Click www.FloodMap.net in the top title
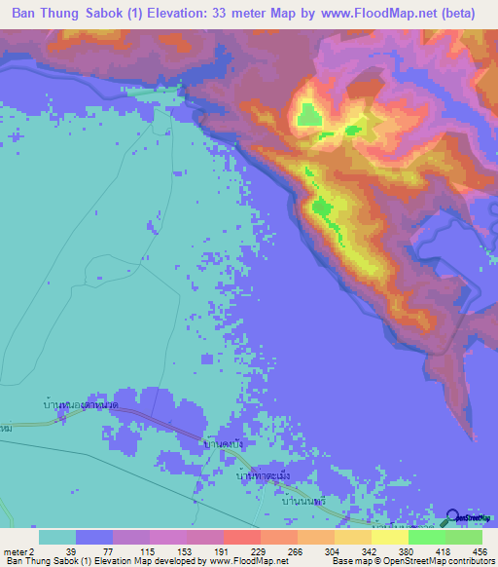click(x=391, y=14)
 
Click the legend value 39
click(x=70, y=550)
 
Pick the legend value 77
click(x=108, y=550)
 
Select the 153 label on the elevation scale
click(x=182, y=550)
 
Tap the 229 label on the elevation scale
click(x=257, y=550)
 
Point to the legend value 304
click(x=331, y=550)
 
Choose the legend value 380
click(x=406, y=550)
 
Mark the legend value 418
click(x=443, y=550)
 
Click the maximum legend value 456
click(x=479, y=550)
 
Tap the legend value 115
click(x=145, y=550)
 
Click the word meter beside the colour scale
click(x=14, y=550)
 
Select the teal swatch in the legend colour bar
click(x=57, y=537)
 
